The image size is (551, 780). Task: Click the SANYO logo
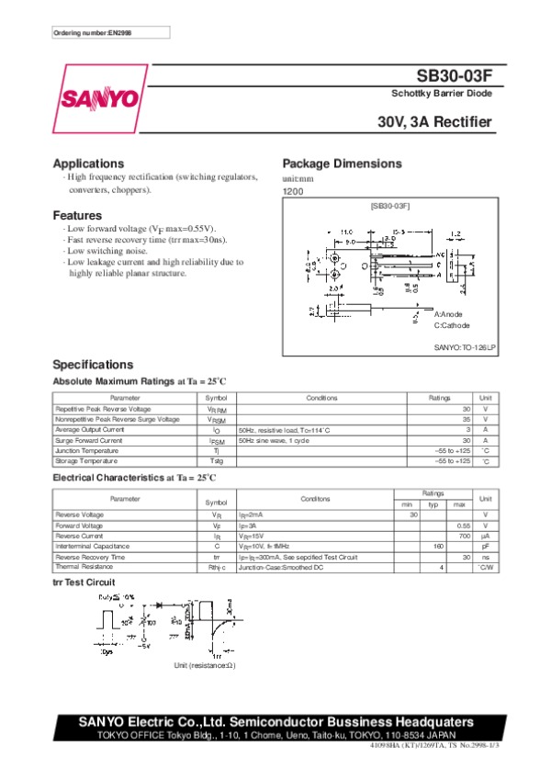[x=101, y=97]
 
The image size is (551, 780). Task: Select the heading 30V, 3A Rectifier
[x=434, y=122]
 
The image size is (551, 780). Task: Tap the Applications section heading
[x=88, y=164]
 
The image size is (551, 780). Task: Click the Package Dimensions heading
[x=342, y=164]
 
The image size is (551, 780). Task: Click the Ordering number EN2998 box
[x=111, y=33]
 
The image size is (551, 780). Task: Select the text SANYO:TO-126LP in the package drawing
[x=465, y=347]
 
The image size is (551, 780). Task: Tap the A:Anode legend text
[x=449, y=314]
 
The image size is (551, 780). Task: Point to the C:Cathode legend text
[x=452, y=325]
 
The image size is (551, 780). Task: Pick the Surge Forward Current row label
[x=89, y=440]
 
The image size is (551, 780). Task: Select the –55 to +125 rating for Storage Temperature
[x=452, y=460]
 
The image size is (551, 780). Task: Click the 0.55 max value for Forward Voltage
[x=464, y=525]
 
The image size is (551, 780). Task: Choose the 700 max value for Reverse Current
[x=465, y=535]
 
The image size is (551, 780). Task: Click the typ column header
[x=433, y=504]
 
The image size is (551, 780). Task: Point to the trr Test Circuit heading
[x=84, y=582]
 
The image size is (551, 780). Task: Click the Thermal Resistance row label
[x=84, y=567]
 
